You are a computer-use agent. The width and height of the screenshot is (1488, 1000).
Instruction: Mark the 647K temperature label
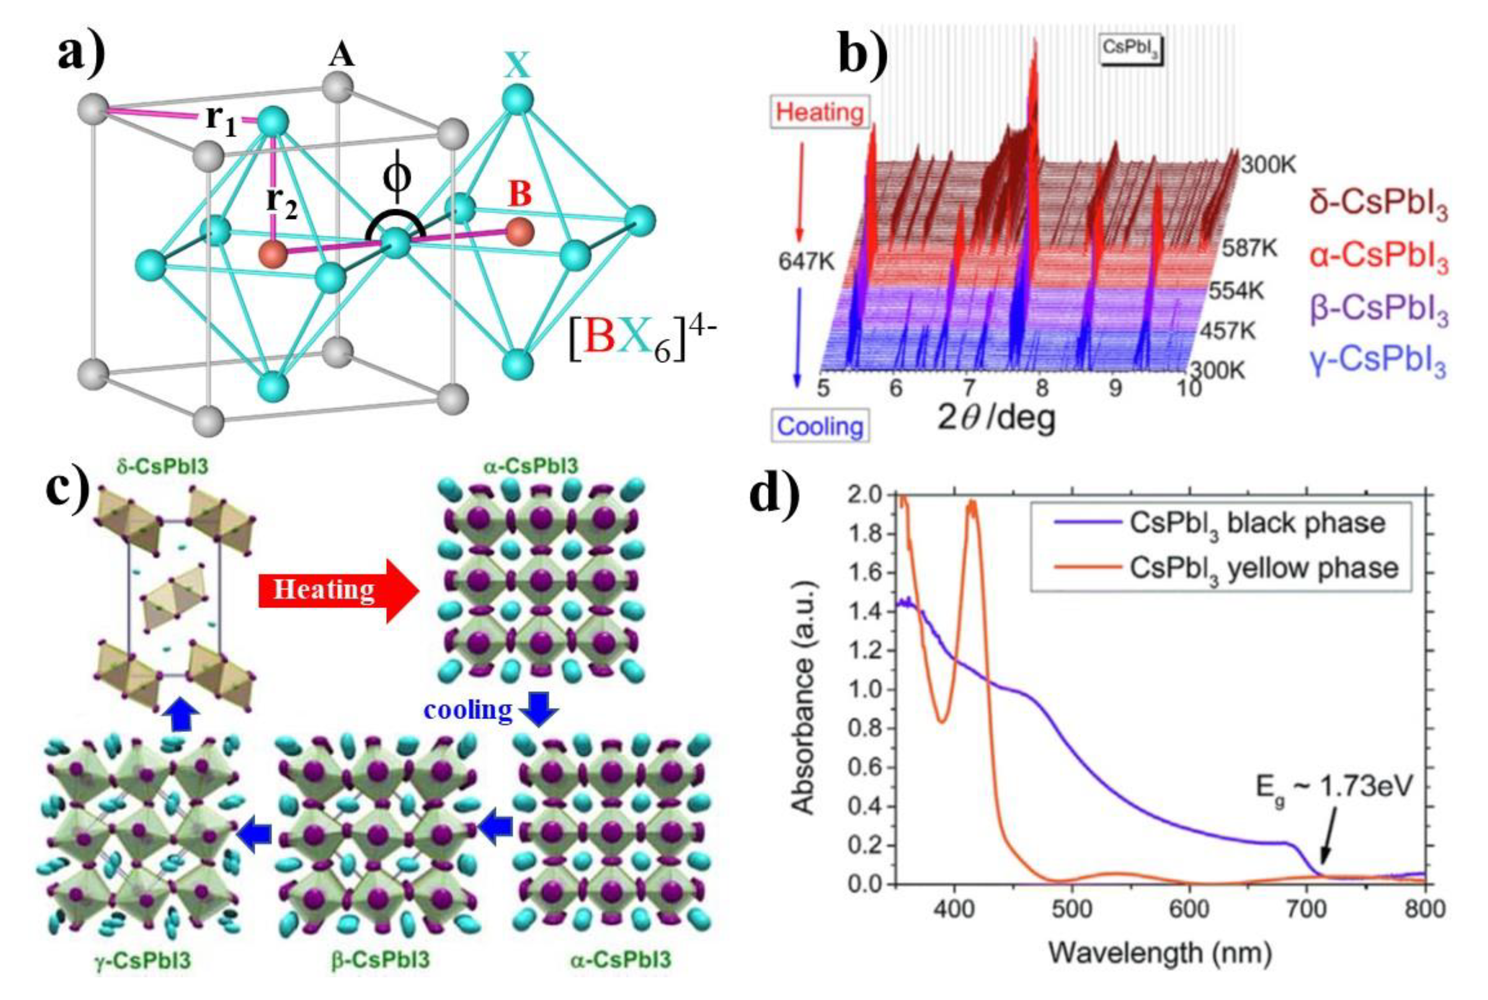806,261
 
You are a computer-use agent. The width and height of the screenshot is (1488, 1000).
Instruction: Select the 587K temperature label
1249,248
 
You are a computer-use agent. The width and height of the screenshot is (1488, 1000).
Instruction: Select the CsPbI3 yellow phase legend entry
1262,567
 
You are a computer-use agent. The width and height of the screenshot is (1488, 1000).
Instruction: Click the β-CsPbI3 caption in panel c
380,977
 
